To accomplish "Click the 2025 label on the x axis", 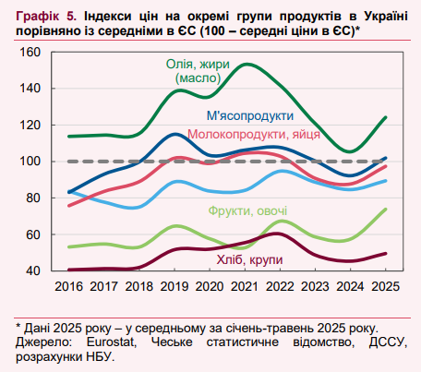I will coord(385,287).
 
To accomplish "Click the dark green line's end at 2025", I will coord(385,117).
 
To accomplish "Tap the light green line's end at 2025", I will coord(385,209).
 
